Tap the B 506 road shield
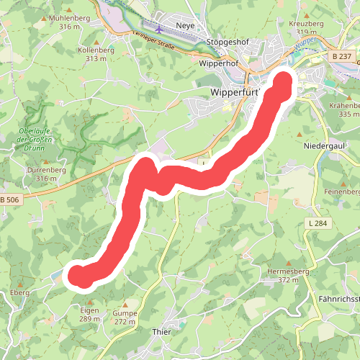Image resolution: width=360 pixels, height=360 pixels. pos(9,199)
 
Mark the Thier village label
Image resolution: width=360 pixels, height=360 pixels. pos(162,331)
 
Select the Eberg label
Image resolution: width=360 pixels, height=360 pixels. pos(19,293)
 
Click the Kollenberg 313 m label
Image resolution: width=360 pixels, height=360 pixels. pos(96,54)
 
